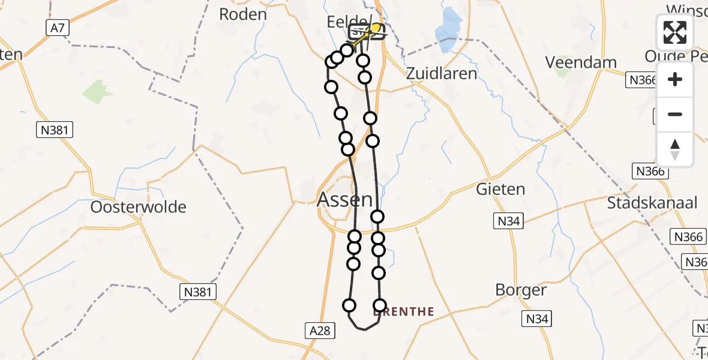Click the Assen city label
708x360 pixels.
(344, 199)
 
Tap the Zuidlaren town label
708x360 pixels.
(442, 74)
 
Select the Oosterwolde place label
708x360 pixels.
(138, 207)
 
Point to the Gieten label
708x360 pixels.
(500, 189)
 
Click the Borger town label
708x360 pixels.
(521, 290)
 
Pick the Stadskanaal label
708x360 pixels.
(652, 203)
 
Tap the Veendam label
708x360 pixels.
(581, 62)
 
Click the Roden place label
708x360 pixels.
(242, 14)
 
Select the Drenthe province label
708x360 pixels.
(403, 311)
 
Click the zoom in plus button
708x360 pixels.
(675, 79)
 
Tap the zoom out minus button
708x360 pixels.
(675, 115)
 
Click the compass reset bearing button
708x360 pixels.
(675, 149)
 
